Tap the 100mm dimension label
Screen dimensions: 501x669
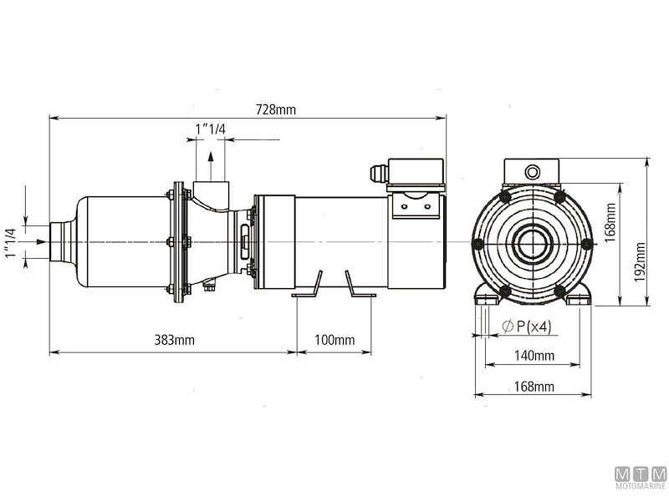point(334,341)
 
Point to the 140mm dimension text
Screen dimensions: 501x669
point(533,357)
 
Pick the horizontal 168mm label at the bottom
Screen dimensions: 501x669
point(533,386)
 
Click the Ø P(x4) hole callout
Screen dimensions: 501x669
point(527,326)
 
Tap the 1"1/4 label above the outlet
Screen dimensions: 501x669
point(211,128)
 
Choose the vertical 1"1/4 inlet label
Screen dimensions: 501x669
point(12,242)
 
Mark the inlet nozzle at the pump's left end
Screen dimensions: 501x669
point(60,242)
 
